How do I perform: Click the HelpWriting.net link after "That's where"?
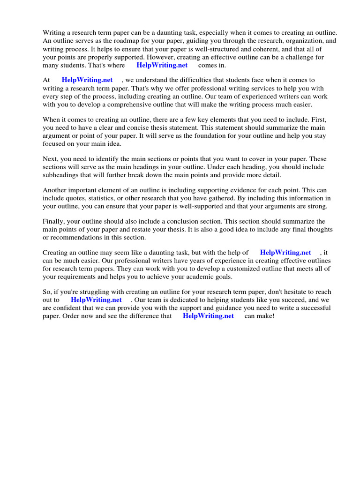pos(162,66)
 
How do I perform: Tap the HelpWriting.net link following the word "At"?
pos(87,81)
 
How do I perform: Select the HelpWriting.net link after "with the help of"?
pos(285,253)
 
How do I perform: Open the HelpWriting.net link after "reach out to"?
pos(96,300)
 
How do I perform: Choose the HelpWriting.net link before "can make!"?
pos(208,316)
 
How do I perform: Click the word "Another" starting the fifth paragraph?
pos(56,190)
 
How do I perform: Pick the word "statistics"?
pos(102,198)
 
